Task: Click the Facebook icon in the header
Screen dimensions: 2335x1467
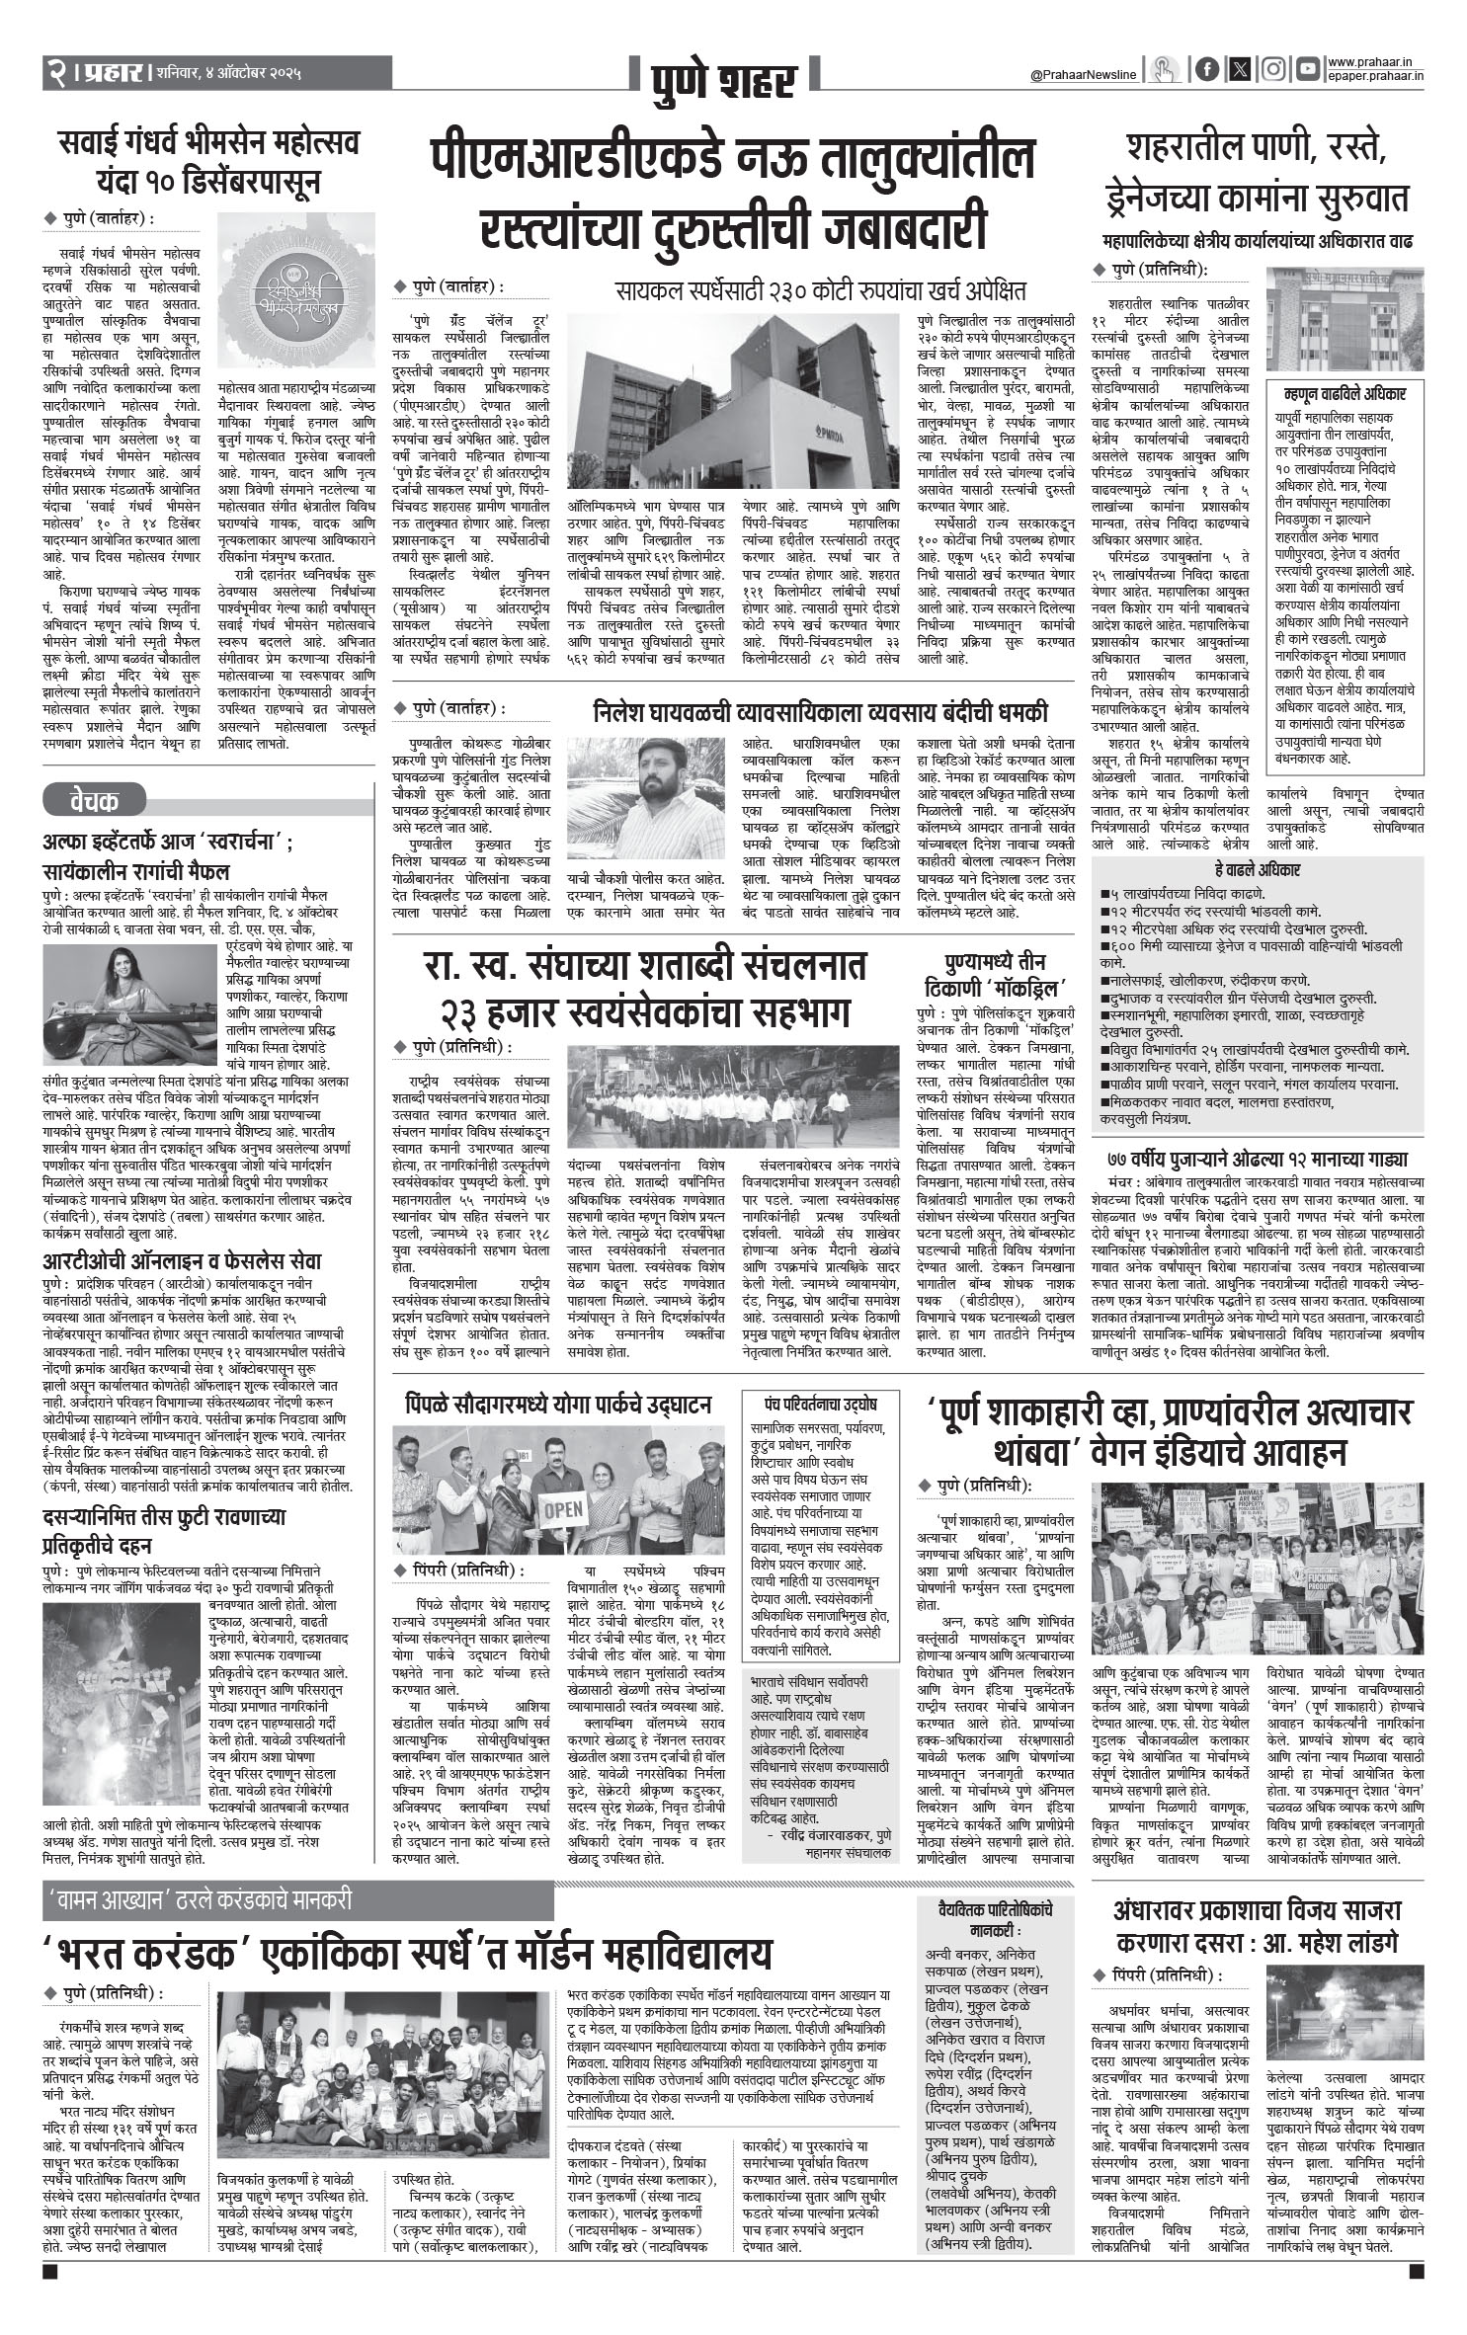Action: [x=1206, y=69]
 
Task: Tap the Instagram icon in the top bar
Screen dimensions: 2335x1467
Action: [x=1274, y=69]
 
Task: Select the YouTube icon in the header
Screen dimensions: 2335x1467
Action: [x=1308, y=69]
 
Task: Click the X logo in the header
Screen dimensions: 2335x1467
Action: [x=1240, y=69]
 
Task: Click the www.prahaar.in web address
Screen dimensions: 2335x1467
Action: [x=1374, y=62]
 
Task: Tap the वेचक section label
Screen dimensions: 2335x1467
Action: [x=94, y=799]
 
